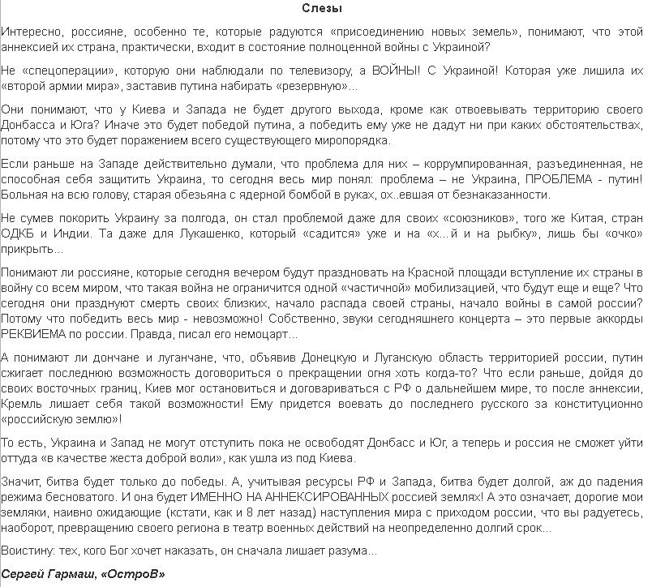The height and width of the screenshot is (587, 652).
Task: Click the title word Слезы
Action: [x=327, y=10]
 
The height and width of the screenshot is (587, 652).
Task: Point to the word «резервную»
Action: [x=315, y=85]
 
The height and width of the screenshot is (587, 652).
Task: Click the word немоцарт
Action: [x=268, y=334]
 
